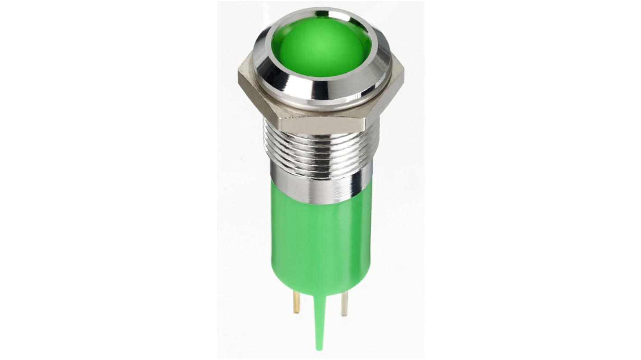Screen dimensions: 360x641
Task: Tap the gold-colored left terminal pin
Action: [x=297, y=302]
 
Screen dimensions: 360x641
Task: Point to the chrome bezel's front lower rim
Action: [x=321, y=97]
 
